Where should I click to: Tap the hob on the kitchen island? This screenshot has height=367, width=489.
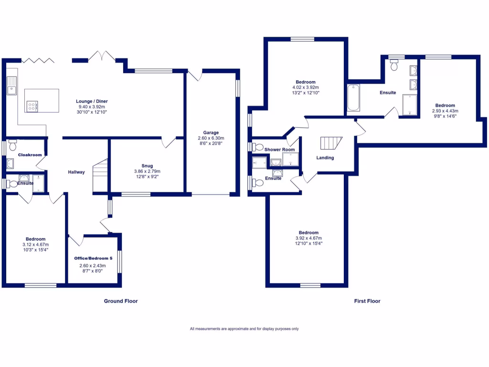[x=32, y=106]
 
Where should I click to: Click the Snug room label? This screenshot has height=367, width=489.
[x=147, y=166]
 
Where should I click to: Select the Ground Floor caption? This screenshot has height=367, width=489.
[x=121, y=301]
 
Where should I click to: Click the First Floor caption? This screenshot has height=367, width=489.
[x=367, y=301]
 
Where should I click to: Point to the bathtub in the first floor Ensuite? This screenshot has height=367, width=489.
[x=353, y=97]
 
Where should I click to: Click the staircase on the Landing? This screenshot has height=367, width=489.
[x=331, y=143]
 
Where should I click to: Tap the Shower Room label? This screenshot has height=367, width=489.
[x=280, y=150]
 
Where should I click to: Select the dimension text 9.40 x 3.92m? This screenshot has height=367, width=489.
[x=91, y=107]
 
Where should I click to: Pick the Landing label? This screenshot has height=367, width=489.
[x=325, y=158]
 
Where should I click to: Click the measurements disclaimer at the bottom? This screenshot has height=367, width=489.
[x=244, y=329]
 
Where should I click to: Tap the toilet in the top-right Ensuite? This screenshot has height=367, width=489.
[x=394, y=66]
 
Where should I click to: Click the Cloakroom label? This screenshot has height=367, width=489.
[x=30, y=155]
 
